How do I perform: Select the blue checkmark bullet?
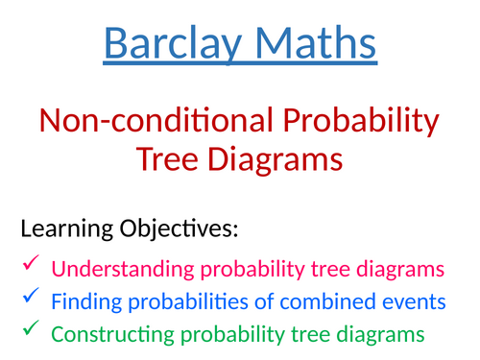tap(31, 299)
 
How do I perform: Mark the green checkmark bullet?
tap(31, 332)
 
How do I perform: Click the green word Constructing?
tap(108, 335)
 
